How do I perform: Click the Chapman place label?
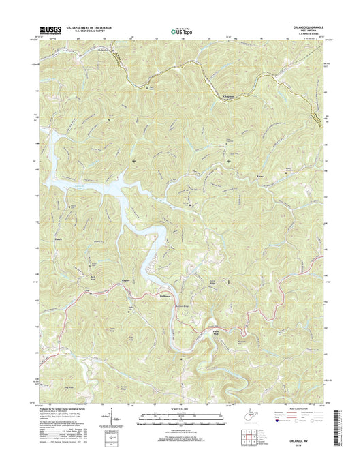tap(232, 97)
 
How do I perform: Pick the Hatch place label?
tap(57, 239)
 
